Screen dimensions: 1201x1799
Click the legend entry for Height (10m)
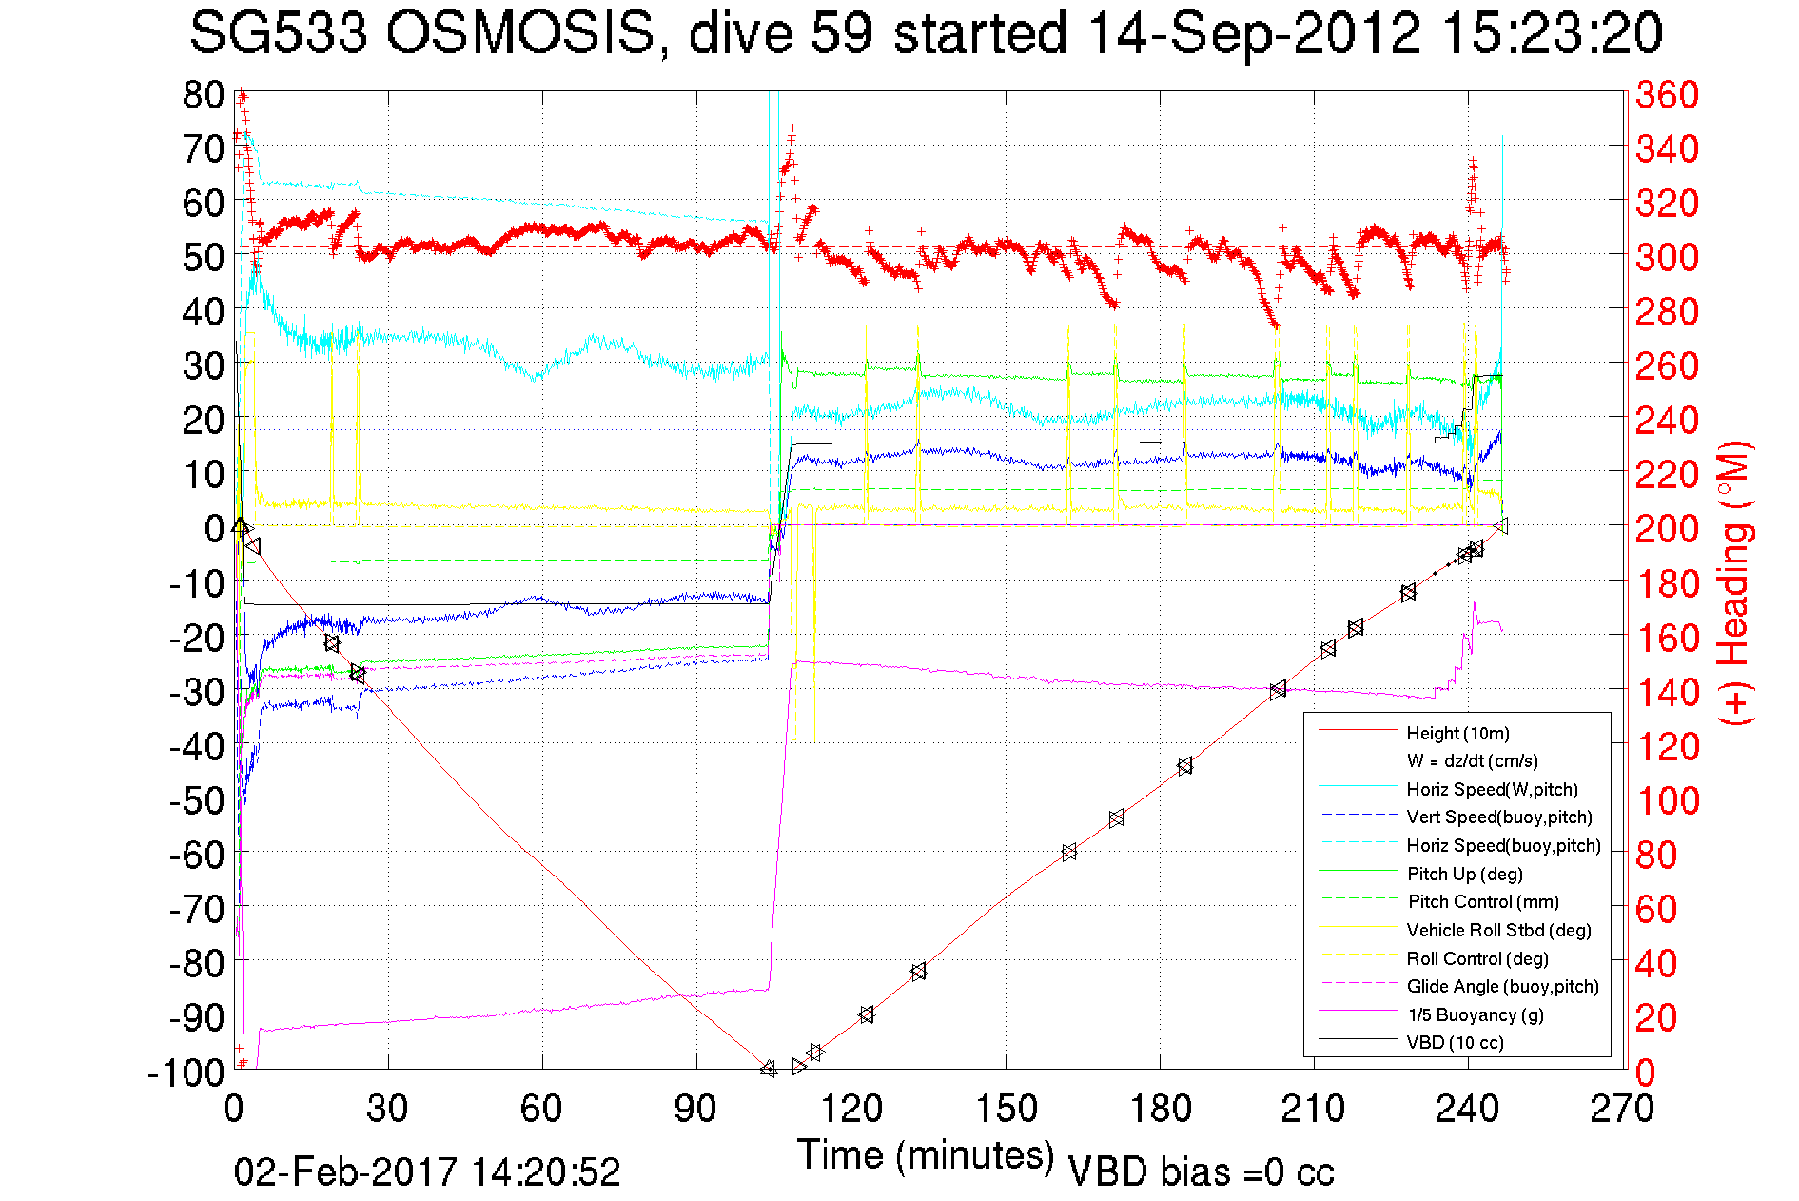click(1457, 733)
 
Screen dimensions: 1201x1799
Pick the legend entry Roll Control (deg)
click(1476, 958)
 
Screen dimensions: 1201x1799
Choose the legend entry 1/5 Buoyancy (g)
click(1475, 1014)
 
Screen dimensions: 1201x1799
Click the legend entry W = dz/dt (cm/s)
click(1472, 760)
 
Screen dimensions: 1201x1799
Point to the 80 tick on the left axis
click(204, 94)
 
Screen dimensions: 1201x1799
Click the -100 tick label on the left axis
click(186, 1072)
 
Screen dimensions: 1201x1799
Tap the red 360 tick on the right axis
click(1667, 94)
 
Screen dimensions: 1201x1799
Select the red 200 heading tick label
click(1667, 528)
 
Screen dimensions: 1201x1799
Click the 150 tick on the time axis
click(1007, 1109)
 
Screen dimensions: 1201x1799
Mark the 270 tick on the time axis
click(1622, 1109)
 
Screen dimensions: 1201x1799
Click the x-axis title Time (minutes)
click(926, 1155)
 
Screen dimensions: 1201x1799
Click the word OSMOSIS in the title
click(521, 33)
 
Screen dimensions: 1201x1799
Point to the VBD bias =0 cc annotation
click(1201, 1171)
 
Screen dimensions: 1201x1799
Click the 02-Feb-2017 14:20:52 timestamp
click(427, 1171)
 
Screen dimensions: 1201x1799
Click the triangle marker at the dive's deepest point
click(769, 1069)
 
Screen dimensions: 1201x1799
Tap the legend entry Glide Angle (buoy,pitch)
click(1502, 986)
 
